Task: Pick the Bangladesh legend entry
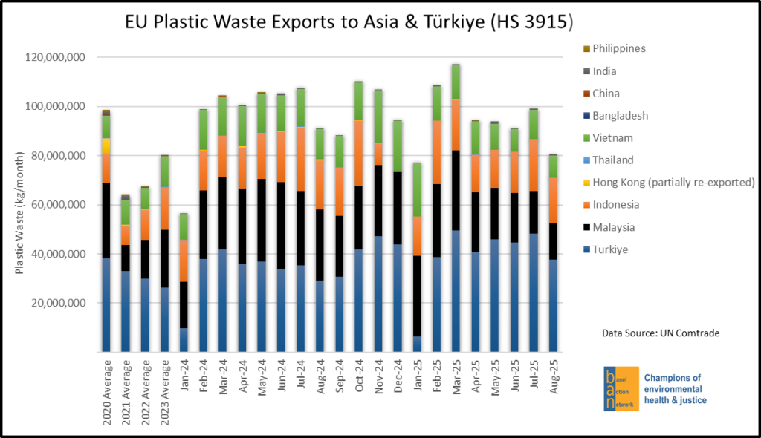621,116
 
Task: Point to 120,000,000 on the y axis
56,57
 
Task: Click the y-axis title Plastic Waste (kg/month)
20,204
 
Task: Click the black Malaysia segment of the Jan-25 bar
417,295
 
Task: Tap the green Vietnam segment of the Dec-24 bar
398,146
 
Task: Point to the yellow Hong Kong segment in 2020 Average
107,146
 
